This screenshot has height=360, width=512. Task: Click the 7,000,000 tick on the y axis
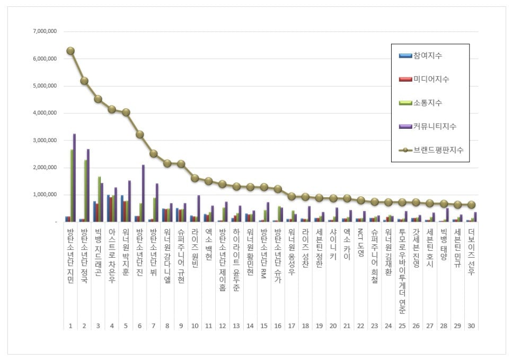pos(45,31)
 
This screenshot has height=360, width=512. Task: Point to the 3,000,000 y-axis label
pos(45,140)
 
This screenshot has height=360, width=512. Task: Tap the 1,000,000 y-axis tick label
pos(45,195)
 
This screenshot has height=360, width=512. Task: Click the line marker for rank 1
pos(70,51)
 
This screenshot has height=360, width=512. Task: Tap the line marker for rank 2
pos(84,81)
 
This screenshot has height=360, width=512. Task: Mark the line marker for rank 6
pos(139,135)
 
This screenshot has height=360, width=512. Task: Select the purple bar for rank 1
pos(74,178)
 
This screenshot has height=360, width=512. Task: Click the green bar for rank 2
pos(85,190)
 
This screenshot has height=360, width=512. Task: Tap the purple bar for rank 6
pos(143,193)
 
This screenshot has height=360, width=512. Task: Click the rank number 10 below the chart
pos(195,326)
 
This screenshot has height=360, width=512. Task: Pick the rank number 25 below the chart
pos(402,326)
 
